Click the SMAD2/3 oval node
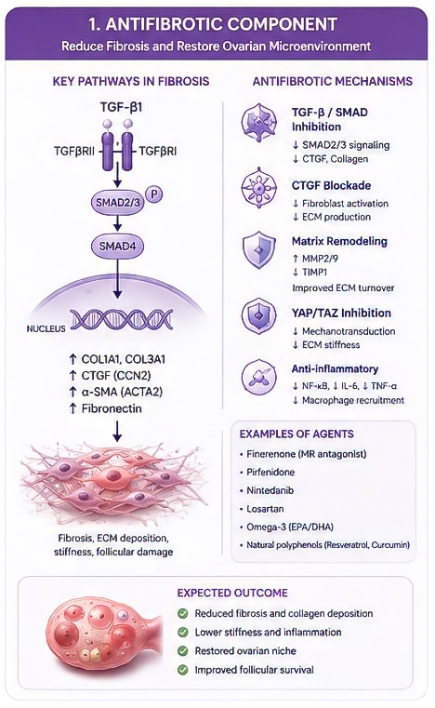pyautogui.click(x=118, y=202)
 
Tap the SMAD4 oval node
pyautogui.click(x=118, y=247)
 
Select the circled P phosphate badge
pyautogui.click(x=154, y=194)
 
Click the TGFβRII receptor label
pyautogui.click(x=74, y=152)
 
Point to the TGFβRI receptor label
pyautogui.click(x=157, y=152)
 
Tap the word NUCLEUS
pyautogui.click(x=46, y=328)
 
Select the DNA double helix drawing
pyautogui.click(x=121, y=319)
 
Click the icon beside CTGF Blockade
pyautogui.click(x=258, y=187)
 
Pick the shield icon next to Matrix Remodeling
pyautogui.click(x=258, y=249)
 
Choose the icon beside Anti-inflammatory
pyautogui.click(x=258, y=377)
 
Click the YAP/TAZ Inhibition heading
pyautogui.click(x=341, y=313)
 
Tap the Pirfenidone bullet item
pyautogui.click(x=270, y=472)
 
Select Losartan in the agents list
pyautogui.click(x=265, y=509)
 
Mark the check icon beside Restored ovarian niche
pyautogui.click(x=183, y=650)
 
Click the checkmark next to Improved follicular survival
pyautogui.click(x=183, y=670)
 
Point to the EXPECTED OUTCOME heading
pyautogui.click(x=232, y=593)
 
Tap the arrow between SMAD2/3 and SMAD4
pyautogui.click(x=118, y=223)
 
